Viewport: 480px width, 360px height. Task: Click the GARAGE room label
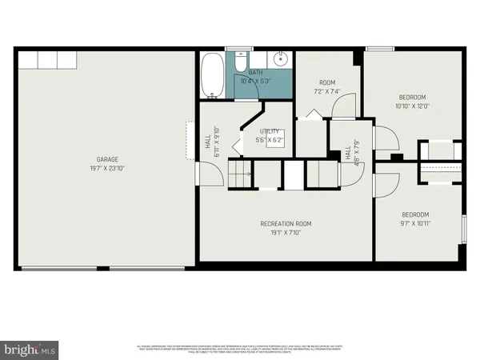(x=109, y=159)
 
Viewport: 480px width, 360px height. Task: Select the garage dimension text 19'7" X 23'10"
(x=109, y=169)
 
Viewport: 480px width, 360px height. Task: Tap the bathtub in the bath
(x=213, y=76)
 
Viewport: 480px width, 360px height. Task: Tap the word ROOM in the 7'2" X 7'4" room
(x=326, y=82)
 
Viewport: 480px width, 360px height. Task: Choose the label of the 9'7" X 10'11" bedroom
(x=415, y=214)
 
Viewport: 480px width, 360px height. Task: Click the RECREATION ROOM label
(x=286, y=223)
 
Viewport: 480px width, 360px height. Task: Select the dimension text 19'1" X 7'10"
(x=286, y=233)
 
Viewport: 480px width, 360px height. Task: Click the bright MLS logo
(x=30, y=348)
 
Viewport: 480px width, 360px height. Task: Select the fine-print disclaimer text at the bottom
(x=240, y=348)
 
